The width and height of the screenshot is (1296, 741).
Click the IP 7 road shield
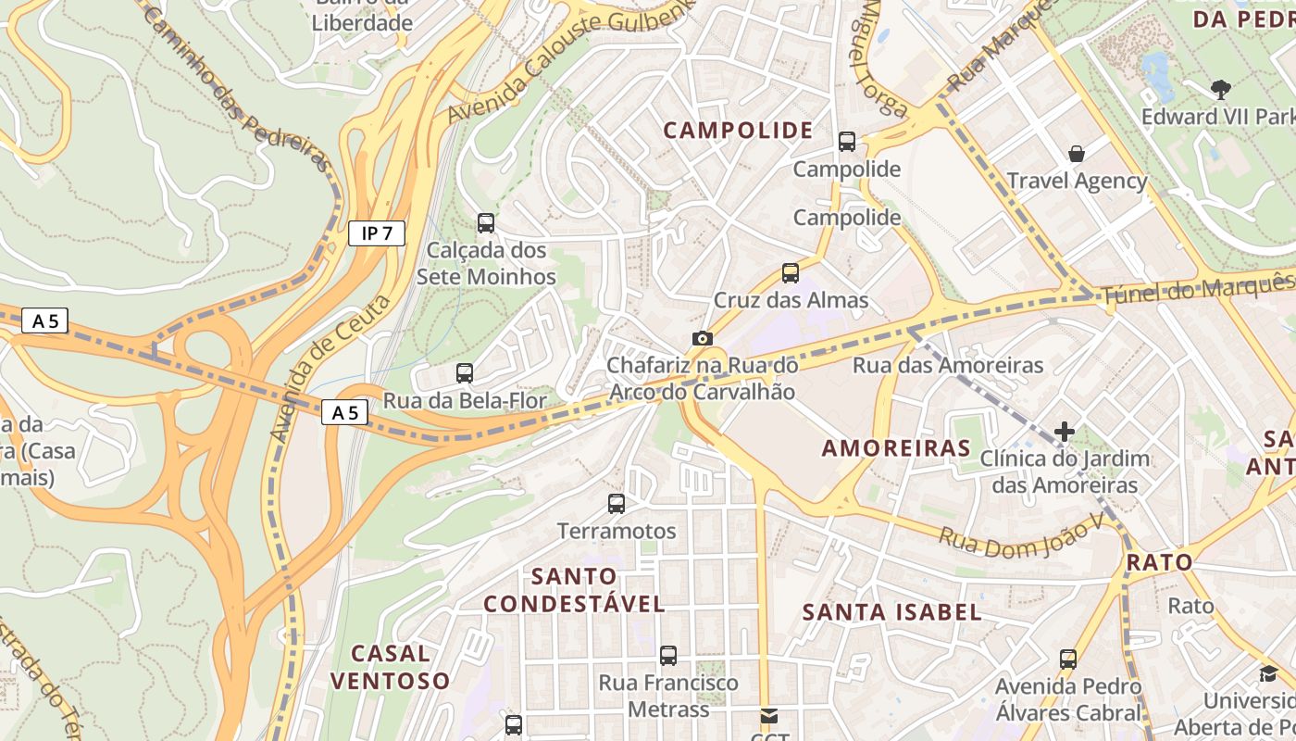pyautogui.click(x=377, y=233)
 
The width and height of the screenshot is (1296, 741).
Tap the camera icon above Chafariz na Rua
pyautogui.click(x=703, y=338)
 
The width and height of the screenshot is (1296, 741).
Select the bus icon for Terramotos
pyautogui.click(x=617, y=504)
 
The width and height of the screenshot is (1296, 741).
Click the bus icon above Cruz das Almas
pyautogui.click(x=791, y=273)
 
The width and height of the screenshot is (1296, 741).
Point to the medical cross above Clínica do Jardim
pyautogui.click(x=1065, y=431)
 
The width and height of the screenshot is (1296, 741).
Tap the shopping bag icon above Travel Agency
pyautogui.click(x=1077, y=153)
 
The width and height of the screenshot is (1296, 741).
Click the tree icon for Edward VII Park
pyautogui.click(x=1221, y=89)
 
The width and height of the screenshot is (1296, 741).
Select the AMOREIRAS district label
pyautogui.click(x=896, y=448)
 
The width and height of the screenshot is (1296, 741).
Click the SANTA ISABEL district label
pyautogui.click(x=891, y=611)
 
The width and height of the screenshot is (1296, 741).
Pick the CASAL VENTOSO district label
pyautogui.click(x=391, y=667)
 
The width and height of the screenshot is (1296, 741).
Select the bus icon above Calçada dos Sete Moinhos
pyautogui.click(x=486, y=223)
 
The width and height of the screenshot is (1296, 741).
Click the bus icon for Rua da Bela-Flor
pyautogui.click(x=465, y=373)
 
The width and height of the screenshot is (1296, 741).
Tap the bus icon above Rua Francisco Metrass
pyautogui.click(x=668, y=656)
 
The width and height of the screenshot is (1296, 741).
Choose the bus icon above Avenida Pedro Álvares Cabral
pyautogui.click(x=1068, y=659)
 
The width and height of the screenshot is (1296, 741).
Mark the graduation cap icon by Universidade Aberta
pyautogui.click(x=1267, y=673)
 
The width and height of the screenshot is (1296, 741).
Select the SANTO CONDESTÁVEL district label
pyautogui.click(x=574, y=590)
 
